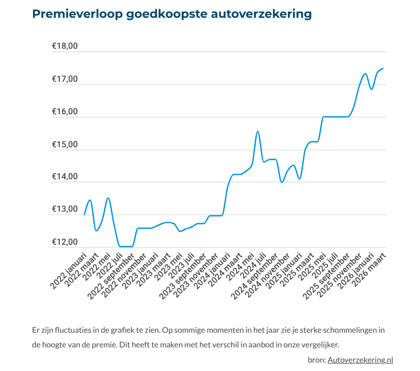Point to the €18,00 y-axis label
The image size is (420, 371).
coord(65,46)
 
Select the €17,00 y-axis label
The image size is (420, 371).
coord(65,79)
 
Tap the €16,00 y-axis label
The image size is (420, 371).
coord(65,112)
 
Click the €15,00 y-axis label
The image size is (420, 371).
coord(65,145)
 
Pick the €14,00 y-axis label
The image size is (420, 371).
coord(65,177)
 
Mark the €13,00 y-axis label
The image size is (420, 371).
coord(65,210)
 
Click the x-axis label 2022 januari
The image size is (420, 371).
coord(69,270)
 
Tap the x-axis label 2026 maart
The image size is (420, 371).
coord(371,269)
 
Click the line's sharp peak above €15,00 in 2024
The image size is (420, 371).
coord(257,132)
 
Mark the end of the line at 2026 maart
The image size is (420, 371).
coord(383,69)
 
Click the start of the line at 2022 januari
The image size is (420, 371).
coord(85,214)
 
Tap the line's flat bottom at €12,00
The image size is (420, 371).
coord(126,246)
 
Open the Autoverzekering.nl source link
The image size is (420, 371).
coord(360,359)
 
